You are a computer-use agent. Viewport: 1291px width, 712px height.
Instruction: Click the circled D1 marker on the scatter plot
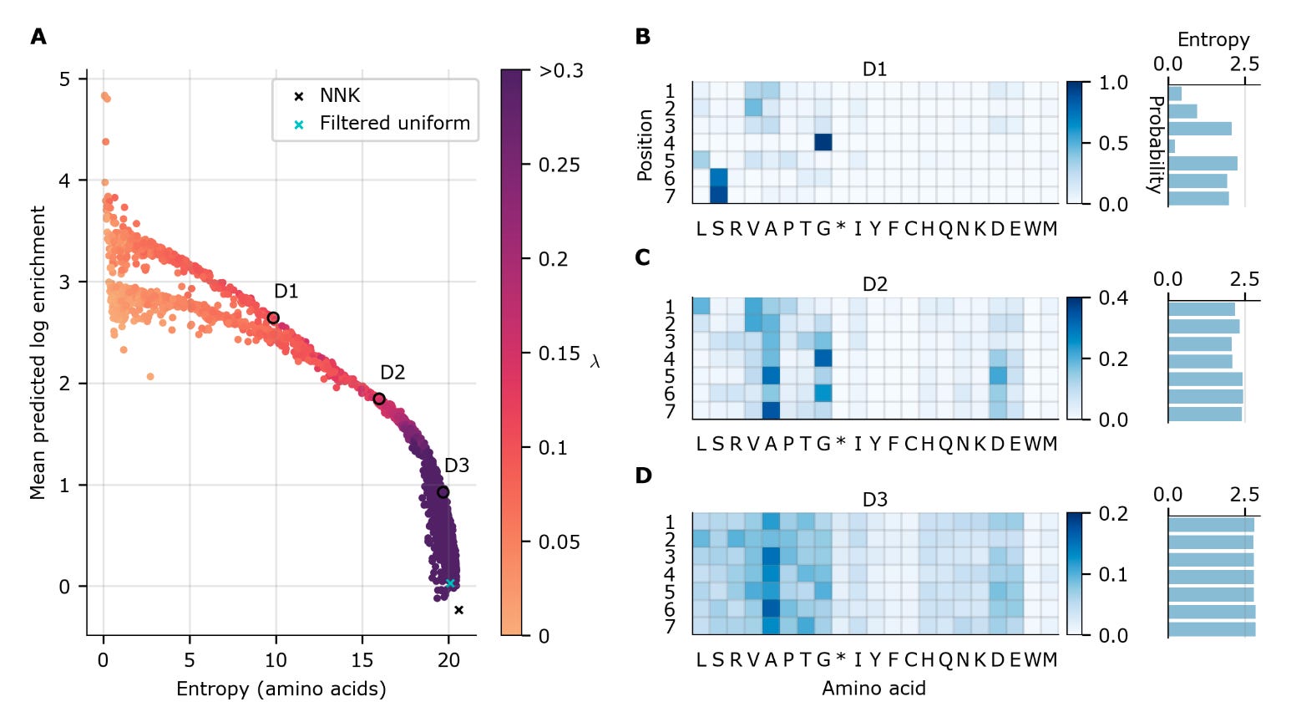click(273, 318)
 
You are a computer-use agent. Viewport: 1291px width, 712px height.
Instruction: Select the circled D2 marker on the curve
click(379, 399)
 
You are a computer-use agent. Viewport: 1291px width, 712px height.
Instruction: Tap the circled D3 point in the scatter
click(443, 492)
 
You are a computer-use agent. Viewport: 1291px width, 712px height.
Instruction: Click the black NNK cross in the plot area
click(458, 610)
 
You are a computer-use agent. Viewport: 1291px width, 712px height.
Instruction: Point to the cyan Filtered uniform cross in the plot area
click(450, 583)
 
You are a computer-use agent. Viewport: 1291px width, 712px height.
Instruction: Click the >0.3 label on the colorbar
click(561, 71)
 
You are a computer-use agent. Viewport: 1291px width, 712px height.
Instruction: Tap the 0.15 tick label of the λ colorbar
click(559, 353)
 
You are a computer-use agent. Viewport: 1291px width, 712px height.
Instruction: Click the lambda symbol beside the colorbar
click(595, 362)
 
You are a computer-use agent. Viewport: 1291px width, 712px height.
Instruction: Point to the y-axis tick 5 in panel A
click(65, 79)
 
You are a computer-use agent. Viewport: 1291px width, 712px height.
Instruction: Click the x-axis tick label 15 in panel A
click(362, 660)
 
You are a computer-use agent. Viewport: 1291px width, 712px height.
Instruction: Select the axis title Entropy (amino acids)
click(281, 689)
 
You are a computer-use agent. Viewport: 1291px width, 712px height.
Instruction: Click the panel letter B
click(642, 37)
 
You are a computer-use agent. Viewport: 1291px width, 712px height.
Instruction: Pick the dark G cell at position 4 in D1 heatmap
click(823, 142)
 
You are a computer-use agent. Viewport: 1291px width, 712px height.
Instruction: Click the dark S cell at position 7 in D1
click(718, 195)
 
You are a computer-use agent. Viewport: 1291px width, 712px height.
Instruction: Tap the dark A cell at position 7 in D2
click(771, 410)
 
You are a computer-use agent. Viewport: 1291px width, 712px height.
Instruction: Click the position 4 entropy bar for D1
click(1172, 146)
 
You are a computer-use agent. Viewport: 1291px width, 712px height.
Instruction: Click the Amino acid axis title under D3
click(873, 688)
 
